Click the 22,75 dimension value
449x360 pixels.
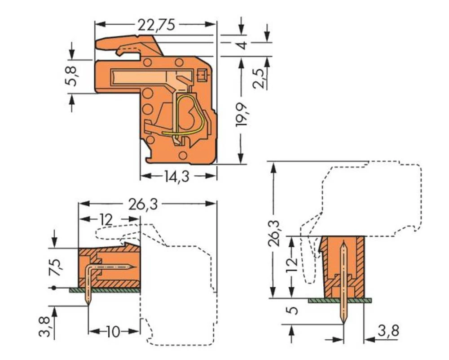(156, 24)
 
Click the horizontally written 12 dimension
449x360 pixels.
(106, 220)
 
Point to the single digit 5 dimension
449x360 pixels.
(292, 311)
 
